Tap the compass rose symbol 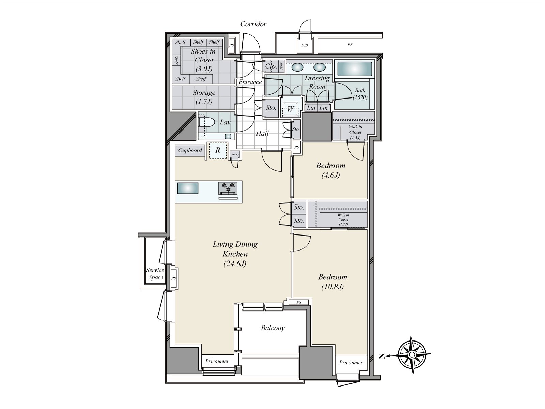[412, 354]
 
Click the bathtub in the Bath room [354, 69]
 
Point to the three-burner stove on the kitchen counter [228, 188]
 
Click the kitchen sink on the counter [188, 188]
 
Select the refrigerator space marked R [218, 150]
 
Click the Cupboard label [190, 151]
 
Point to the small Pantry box [234, 154]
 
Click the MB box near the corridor [305, 45]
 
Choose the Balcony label [272, 328]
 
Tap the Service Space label [155, 274]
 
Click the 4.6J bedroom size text [330, 176]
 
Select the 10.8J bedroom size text [332, 287]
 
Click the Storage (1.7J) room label [204, 97]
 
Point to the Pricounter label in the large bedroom [351, 362]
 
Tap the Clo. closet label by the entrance [271, 66]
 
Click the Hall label [262, 133]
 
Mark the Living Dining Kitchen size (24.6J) [235, 263]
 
